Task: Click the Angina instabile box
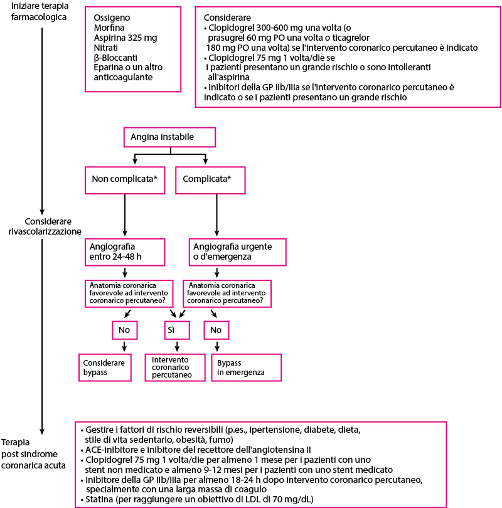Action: [169, 137]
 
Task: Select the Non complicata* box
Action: [125, 180]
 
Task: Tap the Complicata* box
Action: [210, 180]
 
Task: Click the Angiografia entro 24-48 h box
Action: [125, 252]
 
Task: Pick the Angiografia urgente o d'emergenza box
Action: [237, 252]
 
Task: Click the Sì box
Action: [177, 330]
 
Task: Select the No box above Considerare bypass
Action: [125, 330]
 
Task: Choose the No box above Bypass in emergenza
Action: [216, 330]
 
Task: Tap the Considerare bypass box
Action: [105, 367]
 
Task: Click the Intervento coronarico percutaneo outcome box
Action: [175, 367]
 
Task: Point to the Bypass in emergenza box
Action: [246, 367]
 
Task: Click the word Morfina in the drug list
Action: [109, 28]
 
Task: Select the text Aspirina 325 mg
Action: [125, 38]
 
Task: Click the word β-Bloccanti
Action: [116, 57]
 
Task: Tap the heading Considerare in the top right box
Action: [227, 18]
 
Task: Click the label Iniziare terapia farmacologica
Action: [39, 11]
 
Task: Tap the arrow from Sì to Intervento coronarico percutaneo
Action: [177, 347]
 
